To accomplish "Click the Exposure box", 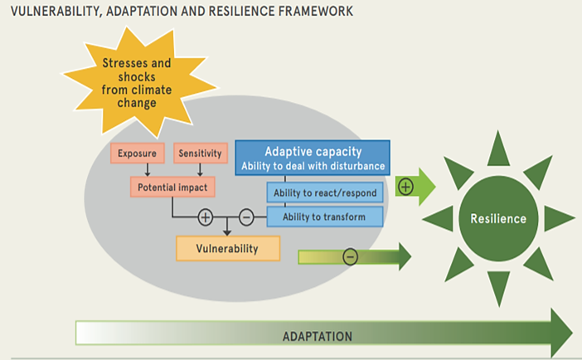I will (x=136, y=153).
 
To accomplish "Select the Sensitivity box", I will (x=198, y=153).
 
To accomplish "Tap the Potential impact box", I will (x=172, y=187).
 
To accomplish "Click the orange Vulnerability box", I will (x=227, y=248).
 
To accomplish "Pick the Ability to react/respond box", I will (x=324, y=193).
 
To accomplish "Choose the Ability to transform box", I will (x=324, y=217).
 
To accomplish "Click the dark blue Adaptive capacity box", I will (x=312, y=158).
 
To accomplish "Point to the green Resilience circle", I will (x=497, y=219).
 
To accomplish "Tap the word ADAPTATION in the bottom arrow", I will (x=318, y=336).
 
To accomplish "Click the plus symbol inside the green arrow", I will (x=406, y=187).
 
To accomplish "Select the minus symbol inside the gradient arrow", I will (x=350, y=257).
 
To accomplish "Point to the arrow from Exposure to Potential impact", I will (x=146, y=169).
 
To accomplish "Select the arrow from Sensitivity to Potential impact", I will (x=200, y=169).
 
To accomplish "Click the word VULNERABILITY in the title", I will (x=51, y=12).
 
